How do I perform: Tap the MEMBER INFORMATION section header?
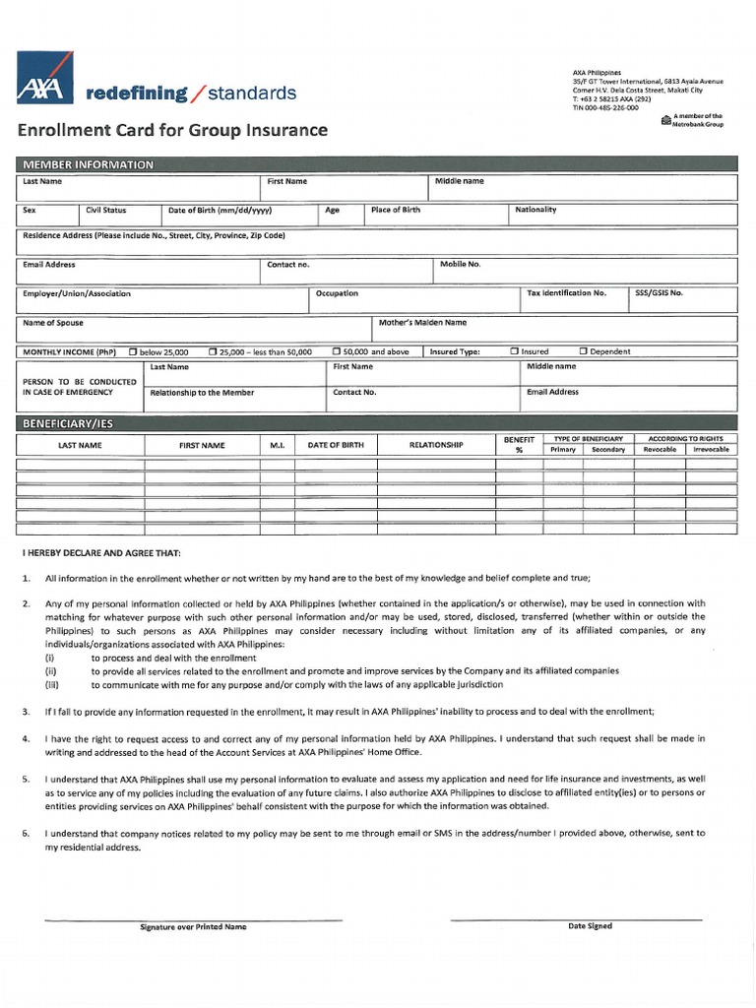coord(90,164)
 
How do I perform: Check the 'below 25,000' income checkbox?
coord(134,351)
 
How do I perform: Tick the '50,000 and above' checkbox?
coord(336,351)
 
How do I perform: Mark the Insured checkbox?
coord(514,351)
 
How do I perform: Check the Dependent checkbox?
coord(583,351)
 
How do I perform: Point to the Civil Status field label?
coord(106,210)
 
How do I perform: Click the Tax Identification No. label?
coord(567,293)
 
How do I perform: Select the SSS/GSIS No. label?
coord(660,293)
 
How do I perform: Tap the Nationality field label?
coord(535,210)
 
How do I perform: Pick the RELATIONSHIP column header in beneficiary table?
coord(436,446)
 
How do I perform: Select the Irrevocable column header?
coord(711,450)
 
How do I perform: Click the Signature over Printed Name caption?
coord(194,927)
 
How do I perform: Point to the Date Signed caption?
coord(590,926)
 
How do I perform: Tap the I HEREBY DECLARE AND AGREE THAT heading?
coord(101,553)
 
